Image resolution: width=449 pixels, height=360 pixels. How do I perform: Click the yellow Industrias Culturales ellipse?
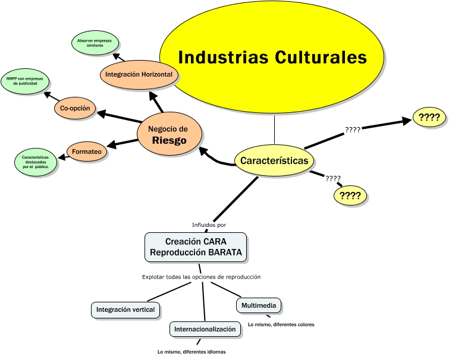[x=272, y=58]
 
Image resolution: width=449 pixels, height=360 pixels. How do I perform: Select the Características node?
[x=274, y=160]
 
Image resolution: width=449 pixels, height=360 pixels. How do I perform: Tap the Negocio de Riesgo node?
[x=168, y=134]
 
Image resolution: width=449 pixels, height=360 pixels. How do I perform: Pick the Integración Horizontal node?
[x=139, y=75]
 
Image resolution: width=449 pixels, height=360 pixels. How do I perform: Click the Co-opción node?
[x=75, y=108]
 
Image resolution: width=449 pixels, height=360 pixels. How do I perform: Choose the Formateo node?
[x=86, y=152]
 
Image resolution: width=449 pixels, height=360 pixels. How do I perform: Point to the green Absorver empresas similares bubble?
[x=95, y=45]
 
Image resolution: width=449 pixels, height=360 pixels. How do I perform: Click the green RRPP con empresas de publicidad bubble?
[x=25, y=81]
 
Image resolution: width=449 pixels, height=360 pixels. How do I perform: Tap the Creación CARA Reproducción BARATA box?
[x=196, y=247]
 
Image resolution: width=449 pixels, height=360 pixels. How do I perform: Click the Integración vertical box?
[x=125, y=310]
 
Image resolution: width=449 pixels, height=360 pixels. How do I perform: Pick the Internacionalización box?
[x=205, y=329]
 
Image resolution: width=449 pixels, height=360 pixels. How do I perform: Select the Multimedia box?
[x=258, y=306]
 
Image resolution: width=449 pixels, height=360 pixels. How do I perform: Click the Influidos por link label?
[x=209, y=225]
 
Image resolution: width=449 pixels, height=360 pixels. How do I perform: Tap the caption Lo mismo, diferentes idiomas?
[x=191, y=352]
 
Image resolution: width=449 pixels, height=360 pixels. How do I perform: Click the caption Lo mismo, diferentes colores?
[x=281, y=324]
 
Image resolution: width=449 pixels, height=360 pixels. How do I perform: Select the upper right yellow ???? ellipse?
[x=429, y=118]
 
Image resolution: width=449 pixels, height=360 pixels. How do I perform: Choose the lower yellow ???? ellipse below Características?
[x=350, y=195]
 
